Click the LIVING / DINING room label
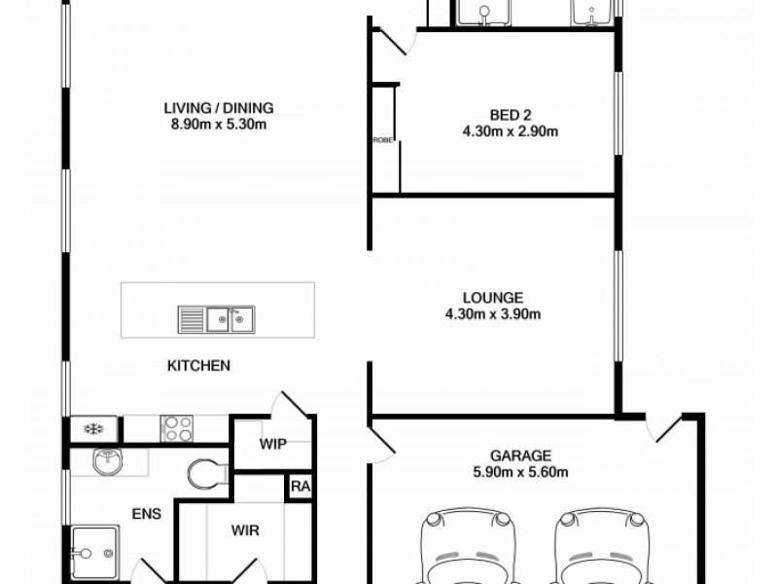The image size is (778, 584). (218, 108)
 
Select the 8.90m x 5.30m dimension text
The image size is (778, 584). (218, 125)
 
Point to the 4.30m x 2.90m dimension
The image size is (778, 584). (509, 131)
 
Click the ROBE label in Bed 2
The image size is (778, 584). (382, 141)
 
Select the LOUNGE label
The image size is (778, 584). (493, 297)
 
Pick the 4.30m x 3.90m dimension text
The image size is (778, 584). (493, 313)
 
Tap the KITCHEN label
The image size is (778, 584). (198, 366)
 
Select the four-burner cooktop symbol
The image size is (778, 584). (177, 427)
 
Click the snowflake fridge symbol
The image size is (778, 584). (94, 428)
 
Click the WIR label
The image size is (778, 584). (244, 531)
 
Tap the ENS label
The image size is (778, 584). (146, 513)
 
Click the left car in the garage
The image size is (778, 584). (466, 550)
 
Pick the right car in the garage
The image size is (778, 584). (601, 550)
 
